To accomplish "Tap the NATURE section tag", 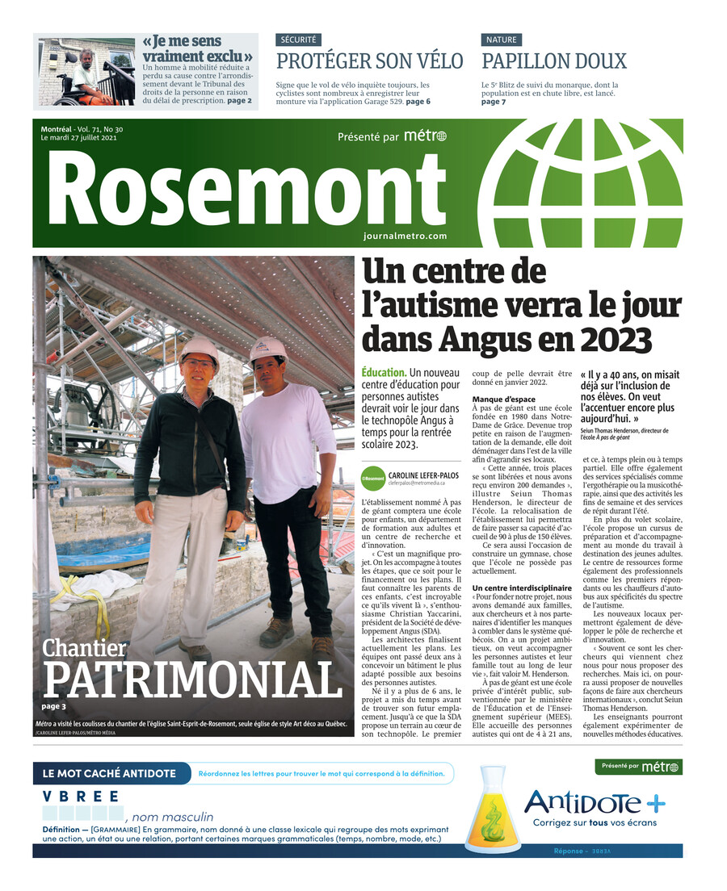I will [x=501, y=40].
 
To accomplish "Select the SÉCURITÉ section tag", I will [x=298, y=40].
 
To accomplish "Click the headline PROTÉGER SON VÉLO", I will [x=370, y=61].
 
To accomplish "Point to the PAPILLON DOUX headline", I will [x=553, y=61].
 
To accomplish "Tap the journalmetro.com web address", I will [x=405, y=236].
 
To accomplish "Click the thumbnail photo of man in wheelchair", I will [x=86, y=72].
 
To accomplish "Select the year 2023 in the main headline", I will [x=628, y=338].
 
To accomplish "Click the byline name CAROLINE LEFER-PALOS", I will [x=423, y=475].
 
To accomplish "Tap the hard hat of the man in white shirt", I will [x=267, y=349].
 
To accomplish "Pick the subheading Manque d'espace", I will [x=503, y=399].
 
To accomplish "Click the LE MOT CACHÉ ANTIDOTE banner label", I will [x=109, y=773].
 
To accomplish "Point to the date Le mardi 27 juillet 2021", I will [x=79, y=138].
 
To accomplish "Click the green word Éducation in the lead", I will [x=384, y=373].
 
